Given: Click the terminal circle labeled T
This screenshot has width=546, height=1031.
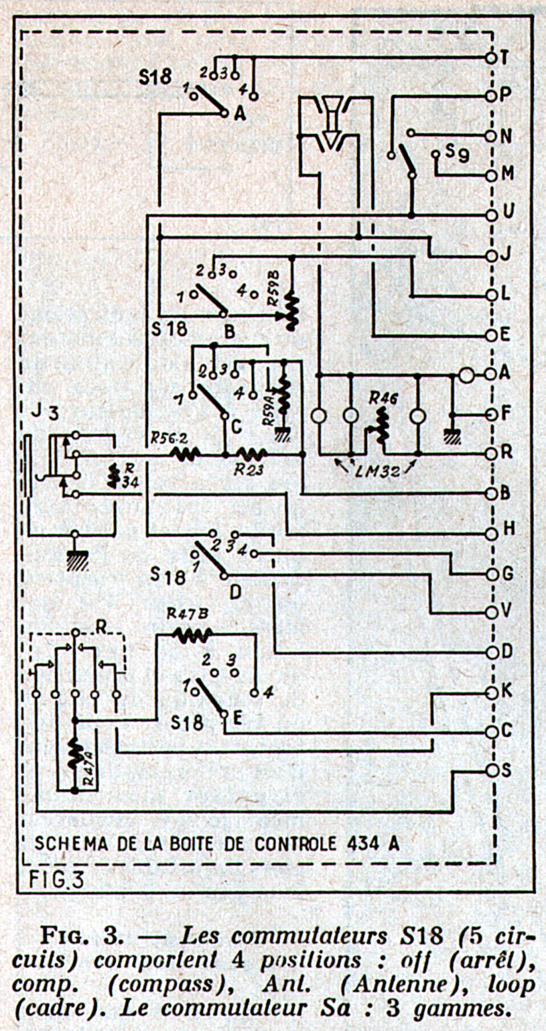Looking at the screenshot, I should (491, 58).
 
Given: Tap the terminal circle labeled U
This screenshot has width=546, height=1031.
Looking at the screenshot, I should (491, 215).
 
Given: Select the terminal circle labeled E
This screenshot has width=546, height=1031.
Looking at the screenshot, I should (491, 335).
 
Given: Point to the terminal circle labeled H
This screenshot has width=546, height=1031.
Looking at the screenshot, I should (491, 534).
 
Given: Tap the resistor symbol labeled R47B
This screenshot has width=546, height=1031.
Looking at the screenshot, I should (192, 633).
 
